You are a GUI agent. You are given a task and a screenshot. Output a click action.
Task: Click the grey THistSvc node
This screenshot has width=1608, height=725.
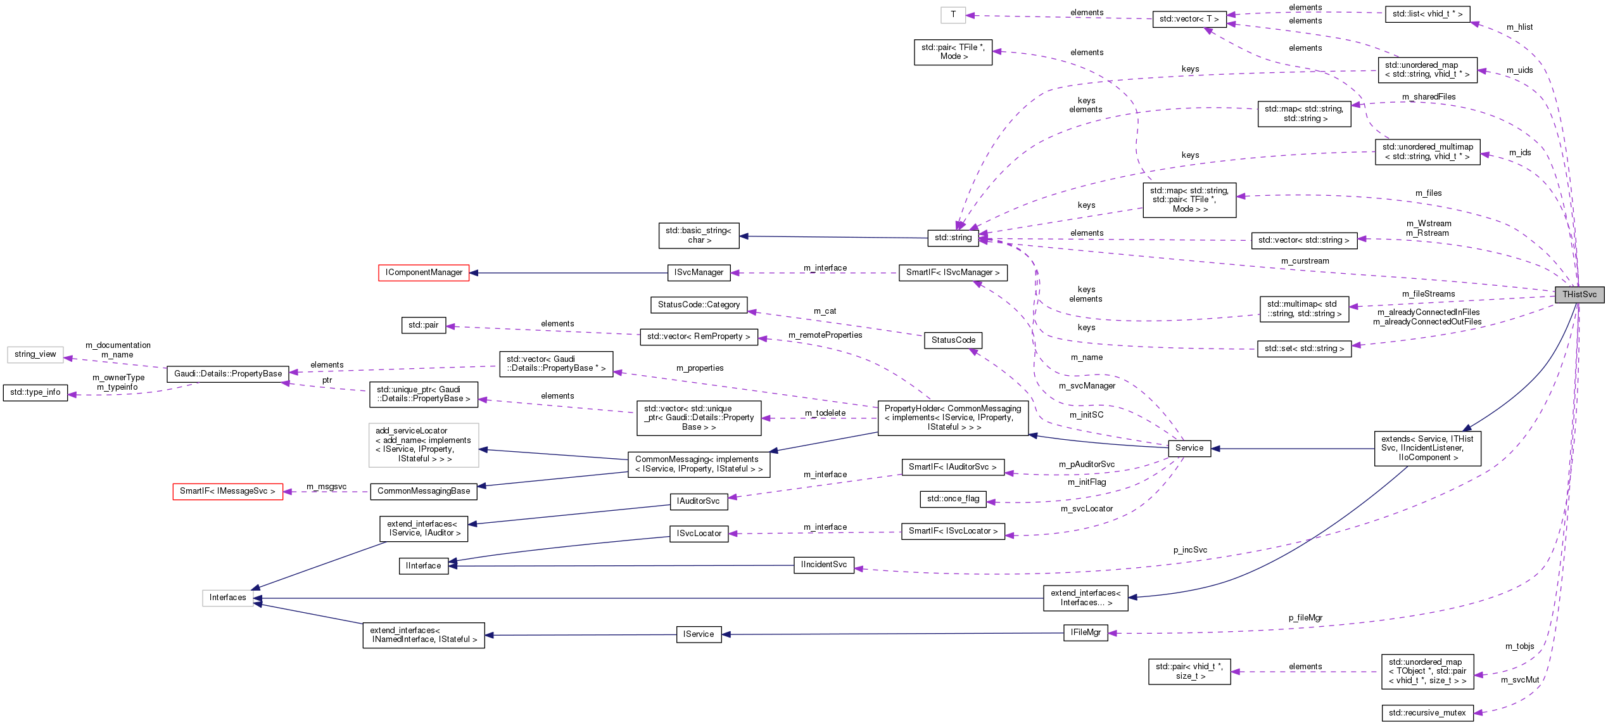pyautogui.click(x=1579, y=295)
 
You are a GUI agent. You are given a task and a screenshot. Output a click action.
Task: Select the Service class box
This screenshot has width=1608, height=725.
pyautogui.click(x=1189, y=448)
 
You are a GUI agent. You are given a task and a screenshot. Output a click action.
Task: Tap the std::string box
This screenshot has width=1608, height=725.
pyautogui.click(x=953, y=238)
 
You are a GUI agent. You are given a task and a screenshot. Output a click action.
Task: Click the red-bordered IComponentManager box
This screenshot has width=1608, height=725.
pyautogui.click(x=424, y=273)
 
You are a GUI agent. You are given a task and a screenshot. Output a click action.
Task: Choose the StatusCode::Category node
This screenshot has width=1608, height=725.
pyautogui.click(x=699, y=305)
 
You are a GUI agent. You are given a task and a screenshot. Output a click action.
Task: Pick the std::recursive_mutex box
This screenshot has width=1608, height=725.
pyautogui.click(x=1427, y=713)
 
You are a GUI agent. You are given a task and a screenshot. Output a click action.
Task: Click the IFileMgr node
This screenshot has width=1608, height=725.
pyautogui.click(x=1086, y=632)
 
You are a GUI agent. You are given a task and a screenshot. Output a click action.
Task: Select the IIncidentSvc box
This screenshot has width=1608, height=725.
pyautogui.click(x=823, y=565)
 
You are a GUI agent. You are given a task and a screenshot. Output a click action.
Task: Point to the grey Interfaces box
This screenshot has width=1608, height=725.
pyautogui.click(x=228, y=598)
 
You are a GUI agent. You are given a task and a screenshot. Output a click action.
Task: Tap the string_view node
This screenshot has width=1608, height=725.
pyautogui.click(x=35, y=354)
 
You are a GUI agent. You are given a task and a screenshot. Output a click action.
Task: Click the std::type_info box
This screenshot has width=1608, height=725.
pyautogui.click(x=35, y=392)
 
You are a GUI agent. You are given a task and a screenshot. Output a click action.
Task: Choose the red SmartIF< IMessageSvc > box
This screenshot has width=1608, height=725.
pyautogui.click(x=227, y=491)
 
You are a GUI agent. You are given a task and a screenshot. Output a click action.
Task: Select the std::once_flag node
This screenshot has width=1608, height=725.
pyautogui.click(x=953, y=499)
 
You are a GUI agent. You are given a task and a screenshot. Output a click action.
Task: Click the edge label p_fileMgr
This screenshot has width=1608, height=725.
pyautogui.click(x=1305, y=618)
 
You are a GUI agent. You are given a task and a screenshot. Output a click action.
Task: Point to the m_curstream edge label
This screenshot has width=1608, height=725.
pyautogui.click(x=1305, y=261)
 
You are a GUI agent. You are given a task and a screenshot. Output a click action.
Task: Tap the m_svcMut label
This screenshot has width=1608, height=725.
pyautogui.click(x=1519, y=680)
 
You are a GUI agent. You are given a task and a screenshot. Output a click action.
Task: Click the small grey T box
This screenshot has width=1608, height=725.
pyautogui.click(x=953, y=15)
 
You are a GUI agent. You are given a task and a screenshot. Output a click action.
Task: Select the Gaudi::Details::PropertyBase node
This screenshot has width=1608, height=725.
pyautogui.click(x=228, y=374)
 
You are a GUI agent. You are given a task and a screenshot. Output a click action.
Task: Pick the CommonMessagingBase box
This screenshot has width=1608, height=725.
pyautogui.click(x=424, y=491)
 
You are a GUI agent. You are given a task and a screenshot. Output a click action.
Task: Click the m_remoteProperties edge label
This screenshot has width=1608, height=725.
pyautogui.click(x=825, y=335)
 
